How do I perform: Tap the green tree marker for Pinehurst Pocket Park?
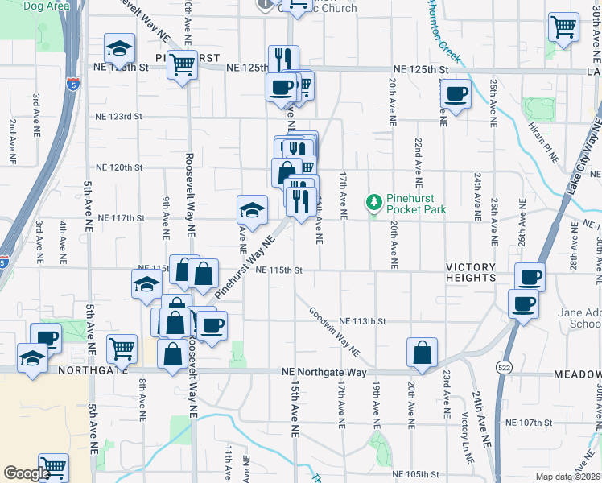click(373, 200)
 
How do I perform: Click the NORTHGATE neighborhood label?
click(91, 371)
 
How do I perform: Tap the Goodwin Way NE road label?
click(337, 336)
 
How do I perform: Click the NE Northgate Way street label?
click(324, 373)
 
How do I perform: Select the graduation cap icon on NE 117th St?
click(252, 210)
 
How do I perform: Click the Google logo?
click(27, 473)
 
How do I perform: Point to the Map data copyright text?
click(567, 477)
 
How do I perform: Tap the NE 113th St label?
click(363, 321)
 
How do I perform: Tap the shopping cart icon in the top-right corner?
click(563, 27)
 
